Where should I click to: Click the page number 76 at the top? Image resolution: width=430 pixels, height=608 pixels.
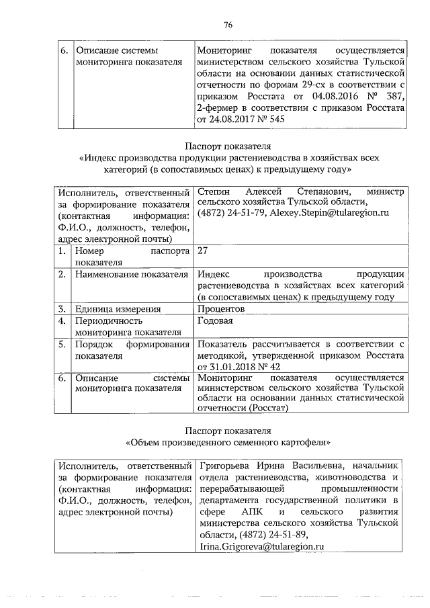pos(228,25)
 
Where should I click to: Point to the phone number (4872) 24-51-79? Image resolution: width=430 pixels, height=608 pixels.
pos(230,213)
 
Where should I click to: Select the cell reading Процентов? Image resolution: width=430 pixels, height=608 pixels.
pos(221,309)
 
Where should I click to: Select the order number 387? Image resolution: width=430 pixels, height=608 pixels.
pos(393,96)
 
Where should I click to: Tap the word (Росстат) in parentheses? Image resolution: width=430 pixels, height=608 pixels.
pos(268,408)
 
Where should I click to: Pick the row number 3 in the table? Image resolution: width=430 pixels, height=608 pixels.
pos(61,309)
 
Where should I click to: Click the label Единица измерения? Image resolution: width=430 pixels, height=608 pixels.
pos(118,309)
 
